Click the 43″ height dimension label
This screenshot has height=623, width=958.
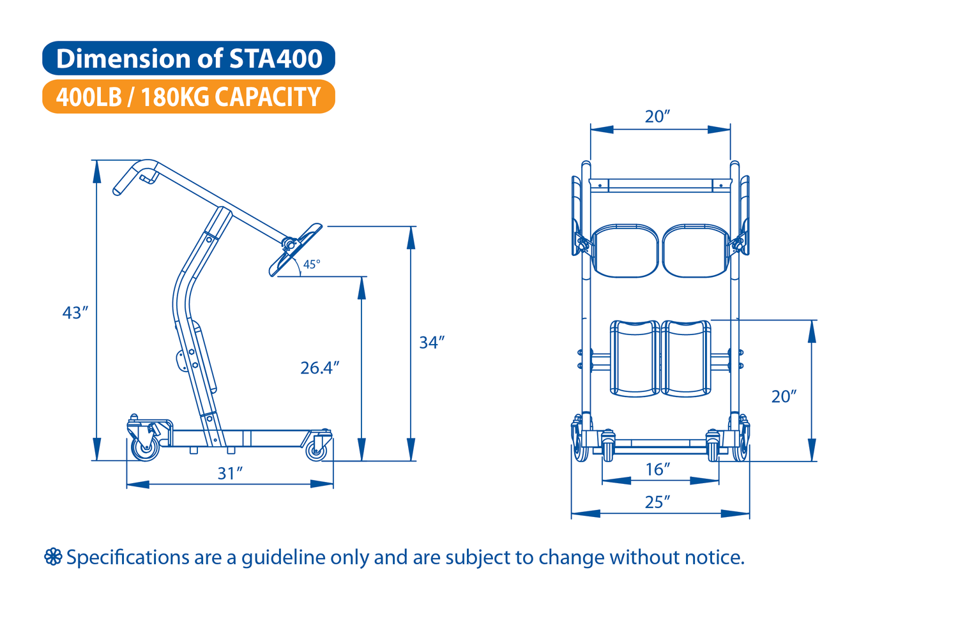(x=75, y=313)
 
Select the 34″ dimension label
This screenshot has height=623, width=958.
(x=432, y=343)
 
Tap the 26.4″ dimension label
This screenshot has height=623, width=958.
(x=320, y=368)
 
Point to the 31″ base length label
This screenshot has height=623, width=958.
(x=230, y=474)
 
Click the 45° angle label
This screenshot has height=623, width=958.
(x=312, y=265)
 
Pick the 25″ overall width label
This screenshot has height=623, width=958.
(x=657, y=502)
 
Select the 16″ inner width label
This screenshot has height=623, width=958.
(x=657, y=470)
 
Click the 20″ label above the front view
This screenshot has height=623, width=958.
(x=657, y=116)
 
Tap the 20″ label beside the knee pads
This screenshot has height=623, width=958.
(x=784, y=397)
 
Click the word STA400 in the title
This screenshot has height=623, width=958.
(x=276, y=59)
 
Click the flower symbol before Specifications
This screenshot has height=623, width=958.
(x=53, y=557)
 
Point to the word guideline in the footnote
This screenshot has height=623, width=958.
(x=284, y=558)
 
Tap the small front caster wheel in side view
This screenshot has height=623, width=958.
(x=317, y=451)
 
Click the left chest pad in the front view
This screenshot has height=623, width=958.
(x=625, y=251)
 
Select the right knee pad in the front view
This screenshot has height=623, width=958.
(x=686, y=358)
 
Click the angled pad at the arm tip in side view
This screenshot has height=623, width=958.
(x=295, y=250)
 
